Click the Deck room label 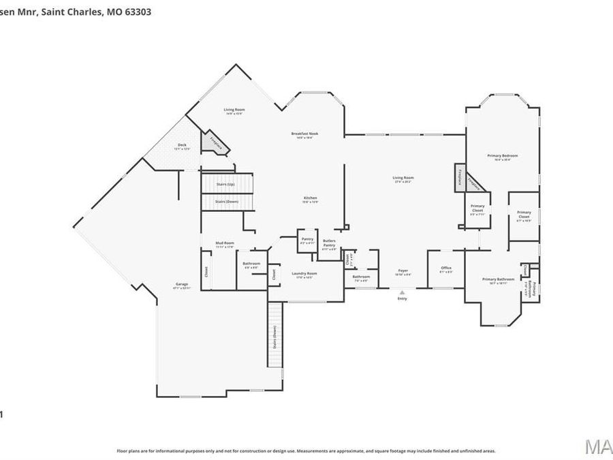(x=183, y=145)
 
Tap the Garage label (x=182, y=284)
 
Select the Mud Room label (x=225, y=243)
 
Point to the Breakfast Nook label (x=304, y=134)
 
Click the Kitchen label (x=311, y=198)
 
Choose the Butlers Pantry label (x=329, y=243)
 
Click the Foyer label (x=404, y=271)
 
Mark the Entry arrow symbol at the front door (x=402, y=293)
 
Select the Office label (x=446, y=268)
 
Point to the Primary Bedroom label (x=503, y=156)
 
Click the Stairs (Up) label (x=225, y=185)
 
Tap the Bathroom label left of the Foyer (x=361, y=277)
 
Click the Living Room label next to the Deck (x=235, y=110)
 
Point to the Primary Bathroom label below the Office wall (x=498, y=279)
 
